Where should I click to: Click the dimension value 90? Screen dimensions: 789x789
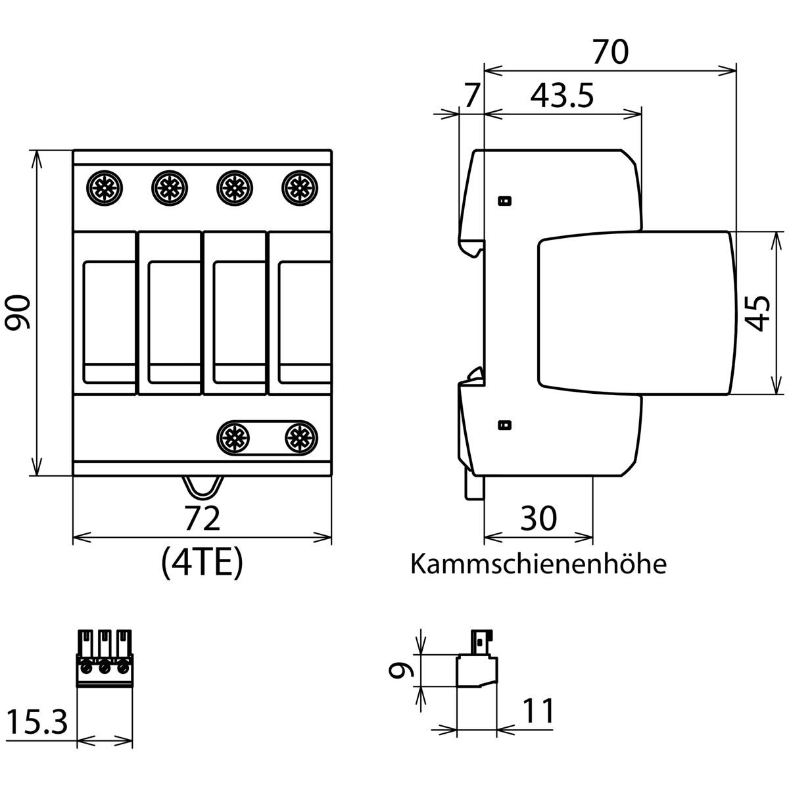click(x=18, y=312)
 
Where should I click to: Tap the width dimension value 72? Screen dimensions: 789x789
click(x=203, y=518)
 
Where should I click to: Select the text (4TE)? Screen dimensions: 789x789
click(x=203, y=563)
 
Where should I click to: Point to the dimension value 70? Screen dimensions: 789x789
click(x=610, y=52)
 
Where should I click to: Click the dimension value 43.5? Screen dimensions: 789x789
click(x=562, y=97)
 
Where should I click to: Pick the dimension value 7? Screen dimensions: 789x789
click(x=471, y=97)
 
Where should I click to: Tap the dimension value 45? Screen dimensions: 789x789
click(x=757, y=313)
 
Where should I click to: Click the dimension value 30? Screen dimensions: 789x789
click(x=538, y=518)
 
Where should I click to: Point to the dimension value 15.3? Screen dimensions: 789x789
click(x=37, y=722)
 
